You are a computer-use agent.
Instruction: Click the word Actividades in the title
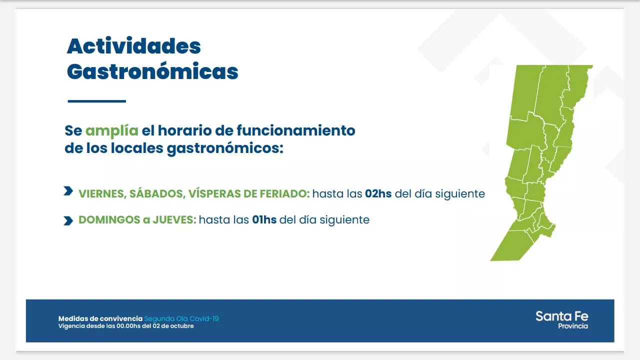(133, 46)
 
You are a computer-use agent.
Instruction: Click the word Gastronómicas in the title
(152, 71)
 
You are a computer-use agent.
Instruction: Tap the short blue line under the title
(96, 101)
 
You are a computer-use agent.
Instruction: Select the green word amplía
(111, 131)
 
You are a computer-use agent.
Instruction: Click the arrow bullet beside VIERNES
(68, 191)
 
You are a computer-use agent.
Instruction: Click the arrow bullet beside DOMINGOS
(68, 220)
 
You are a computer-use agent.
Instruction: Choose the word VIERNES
(101, 193)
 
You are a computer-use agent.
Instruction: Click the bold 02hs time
(378, 193)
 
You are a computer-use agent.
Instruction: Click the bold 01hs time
(264, 219)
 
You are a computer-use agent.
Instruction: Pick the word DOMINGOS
(108, 219)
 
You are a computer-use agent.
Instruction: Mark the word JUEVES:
(174, 219)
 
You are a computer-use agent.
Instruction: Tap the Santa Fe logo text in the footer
(561, 316)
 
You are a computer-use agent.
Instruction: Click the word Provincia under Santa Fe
(572, 326)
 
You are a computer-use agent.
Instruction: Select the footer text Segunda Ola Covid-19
(181, 318)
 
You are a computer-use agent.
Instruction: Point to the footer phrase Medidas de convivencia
(100, 318)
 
